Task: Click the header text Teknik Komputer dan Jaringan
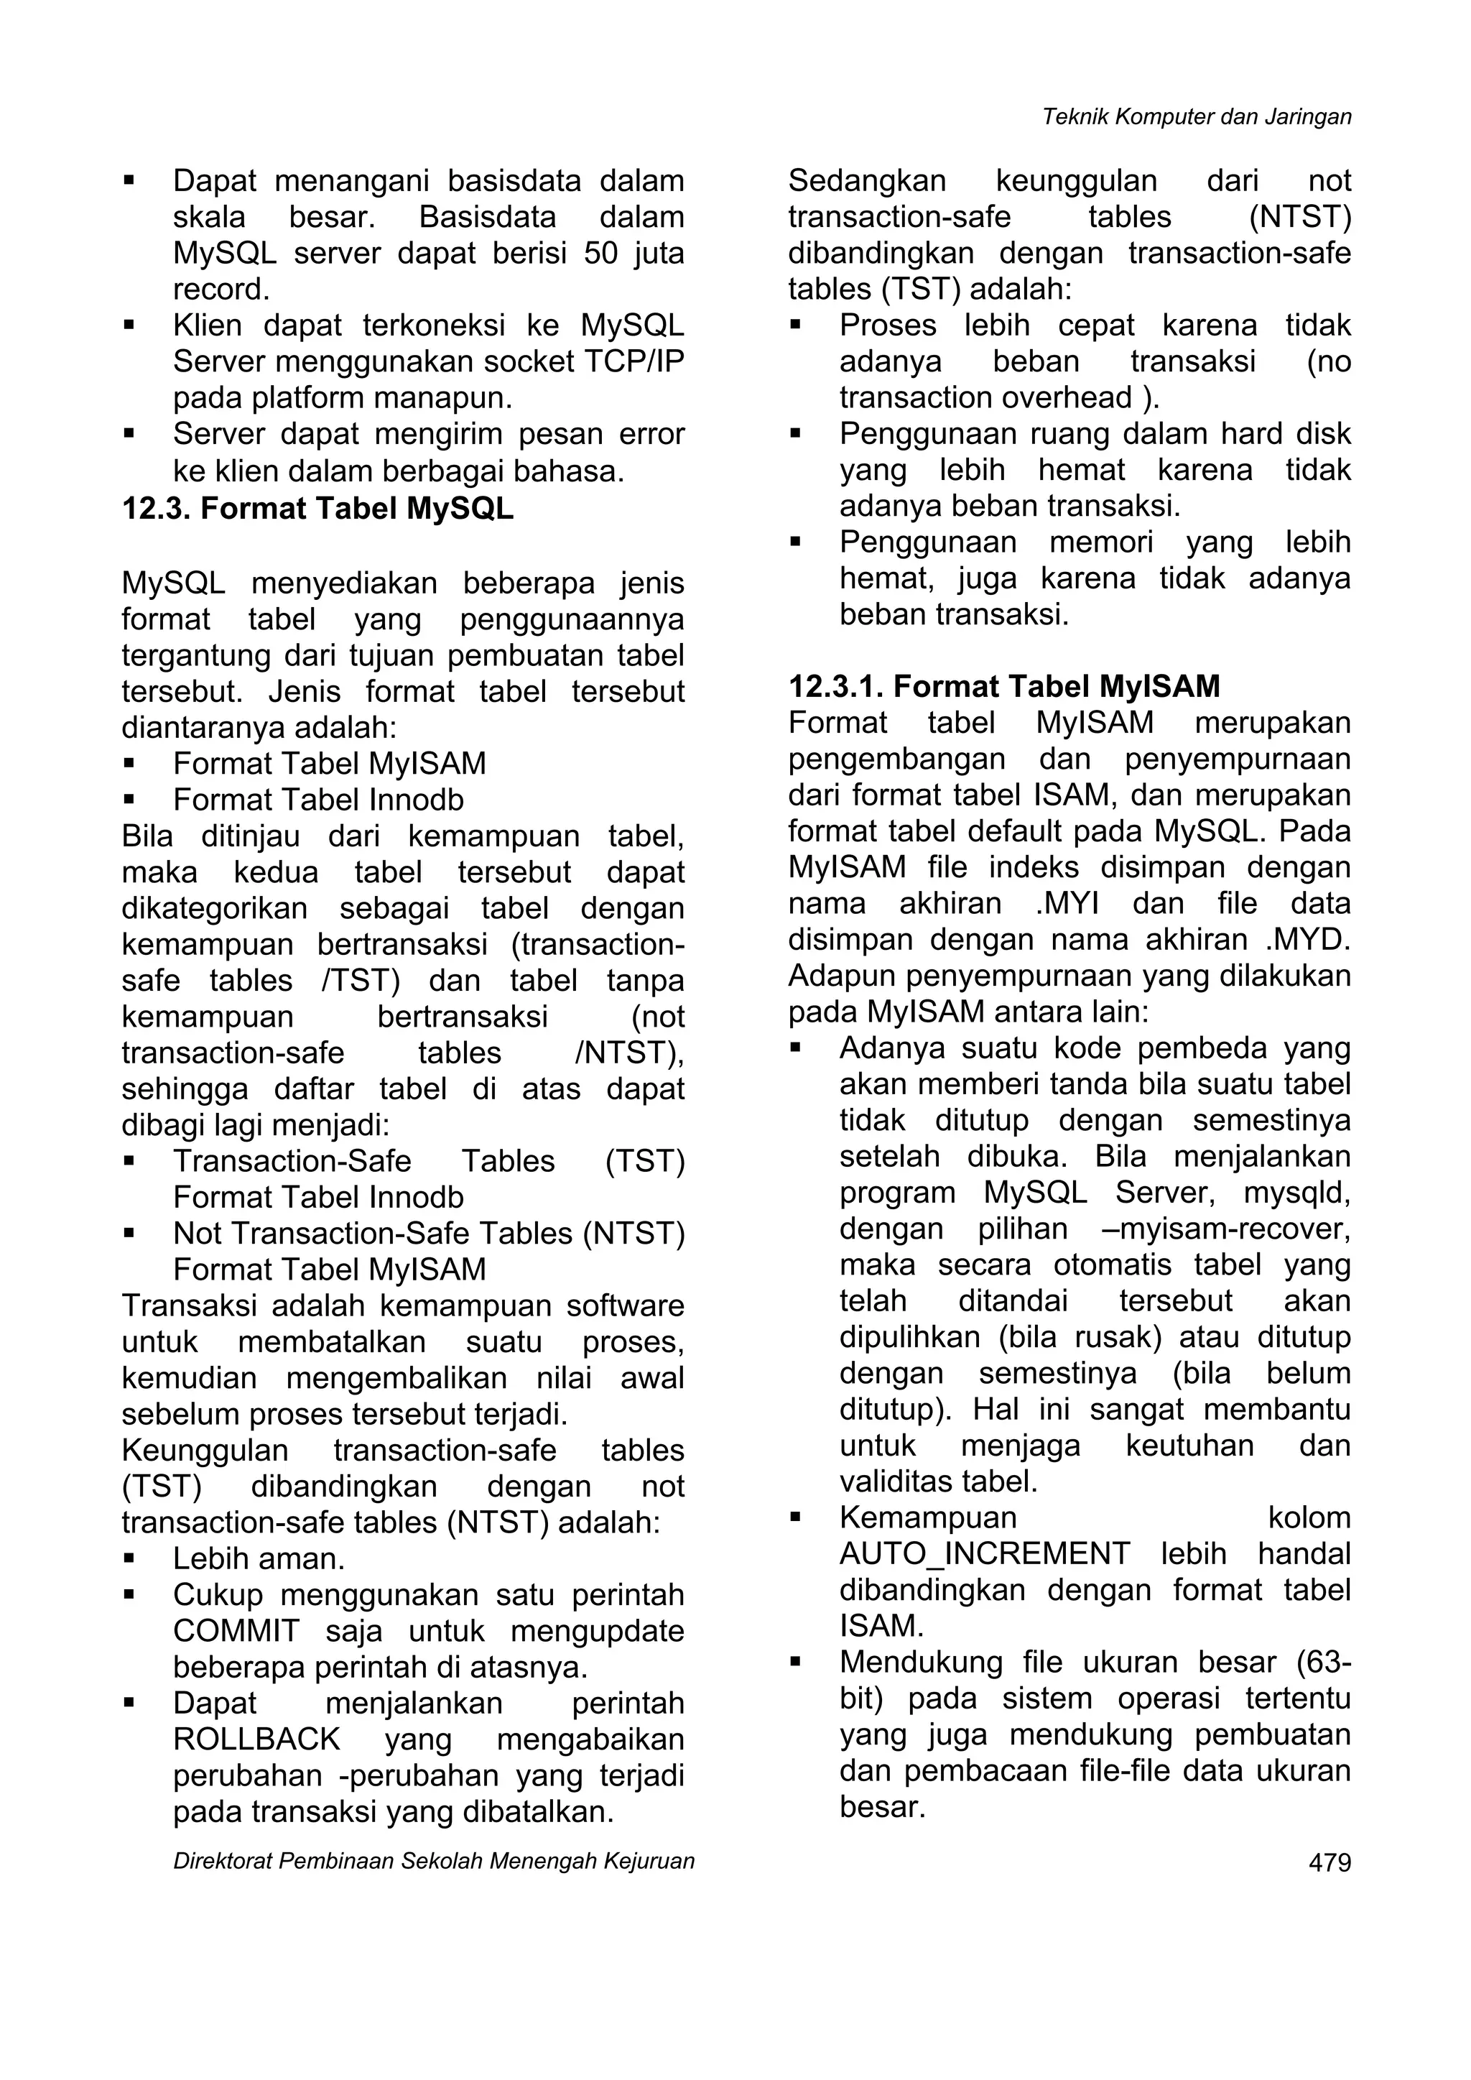1197,117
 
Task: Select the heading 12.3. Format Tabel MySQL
317,509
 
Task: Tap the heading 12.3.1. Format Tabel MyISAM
1003,687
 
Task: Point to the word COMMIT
236,1632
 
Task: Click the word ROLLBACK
256,1740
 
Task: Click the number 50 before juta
600,254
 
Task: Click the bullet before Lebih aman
129,1559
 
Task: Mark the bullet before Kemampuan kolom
795,1518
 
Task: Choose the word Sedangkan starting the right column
866,182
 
